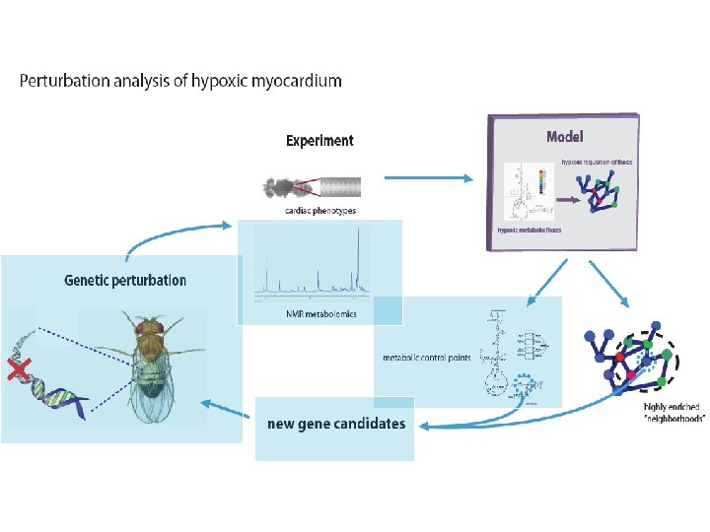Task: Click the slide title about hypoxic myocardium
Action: pos(180,81)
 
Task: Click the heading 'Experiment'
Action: pos(319,141)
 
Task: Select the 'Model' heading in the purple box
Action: pos(565,136)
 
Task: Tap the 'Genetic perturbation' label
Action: pos(125,281)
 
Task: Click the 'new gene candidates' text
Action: pos(336,425)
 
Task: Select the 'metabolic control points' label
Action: pos(426,358)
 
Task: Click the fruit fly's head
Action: pos(150,326)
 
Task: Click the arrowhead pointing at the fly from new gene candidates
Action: pos(205,402)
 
